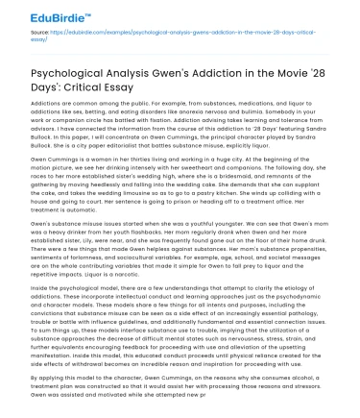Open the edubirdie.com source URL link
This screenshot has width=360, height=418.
click(173, 33)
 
